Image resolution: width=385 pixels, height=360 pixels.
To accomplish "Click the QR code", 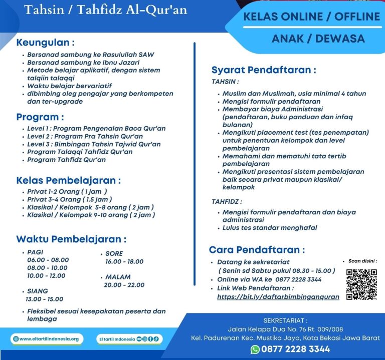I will click(361, 284).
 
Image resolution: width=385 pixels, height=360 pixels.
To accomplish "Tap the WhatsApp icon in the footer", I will click(255, 349).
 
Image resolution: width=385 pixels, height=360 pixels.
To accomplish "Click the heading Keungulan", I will click(46, 42).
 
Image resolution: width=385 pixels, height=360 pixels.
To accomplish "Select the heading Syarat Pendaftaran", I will click(264, 70).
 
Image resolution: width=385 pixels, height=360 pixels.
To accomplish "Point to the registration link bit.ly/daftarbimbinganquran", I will click(278, 296).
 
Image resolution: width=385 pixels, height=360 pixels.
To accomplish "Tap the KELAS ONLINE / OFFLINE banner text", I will click(311, 17).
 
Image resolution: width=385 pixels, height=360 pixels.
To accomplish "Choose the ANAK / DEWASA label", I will click(311, 39).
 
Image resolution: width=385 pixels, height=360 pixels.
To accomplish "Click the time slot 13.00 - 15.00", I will click(45, 299).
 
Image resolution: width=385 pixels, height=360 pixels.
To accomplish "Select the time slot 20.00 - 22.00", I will click(124, 285).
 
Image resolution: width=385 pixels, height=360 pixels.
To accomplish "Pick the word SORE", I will click(114, 253).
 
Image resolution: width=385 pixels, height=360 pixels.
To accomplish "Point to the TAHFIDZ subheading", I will click(227, 201).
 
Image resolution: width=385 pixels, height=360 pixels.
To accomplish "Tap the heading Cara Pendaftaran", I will click(257, 249).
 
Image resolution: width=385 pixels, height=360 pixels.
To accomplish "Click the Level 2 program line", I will click(85, 136).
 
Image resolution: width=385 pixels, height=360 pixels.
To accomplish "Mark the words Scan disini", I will click(362, 261).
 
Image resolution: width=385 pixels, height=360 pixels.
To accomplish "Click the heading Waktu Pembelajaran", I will click(71, 239).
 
